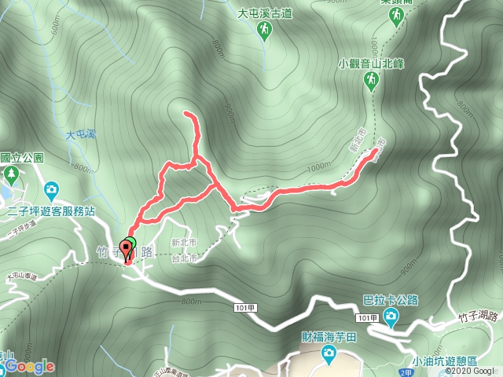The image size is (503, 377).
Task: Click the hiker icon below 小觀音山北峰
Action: tap(369, 80)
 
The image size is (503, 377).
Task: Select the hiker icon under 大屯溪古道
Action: tap(266, 29)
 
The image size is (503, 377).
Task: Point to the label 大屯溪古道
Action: tap(265, 13)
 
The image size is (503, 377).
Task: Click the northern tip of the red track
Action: tap(187, 115)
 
